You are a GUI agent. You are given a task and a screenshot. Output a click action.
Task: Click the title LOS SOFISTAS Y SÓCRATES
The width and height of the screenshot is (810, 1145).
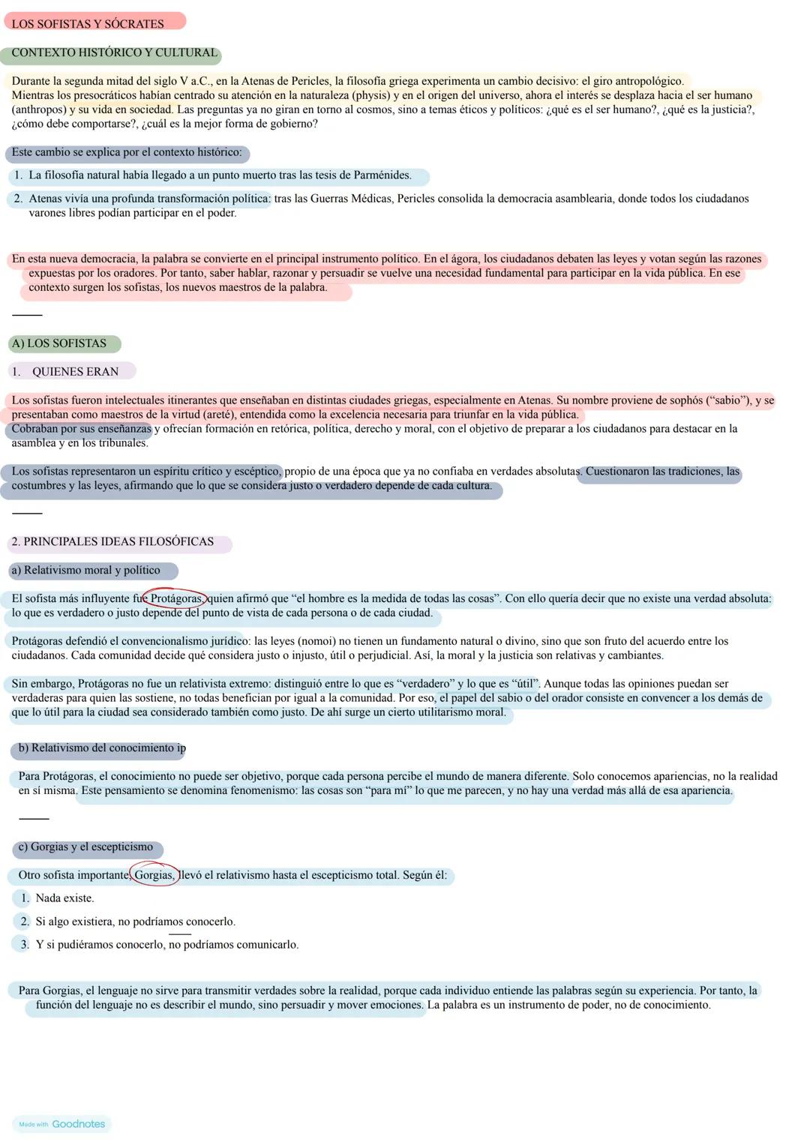coord(88,24)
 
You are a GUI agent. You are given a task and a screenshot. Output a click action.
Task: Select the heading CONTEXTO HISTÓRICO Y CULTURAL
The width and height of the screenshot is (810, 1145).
coord(114,52)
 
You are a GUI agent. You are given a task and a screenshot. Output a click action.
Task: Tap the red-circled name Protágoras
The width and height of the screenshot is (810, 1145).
coord(176,598)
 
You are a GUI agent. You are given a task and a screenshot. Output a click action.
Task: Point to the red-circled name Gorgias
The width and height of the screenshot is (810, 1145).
coord(154,875)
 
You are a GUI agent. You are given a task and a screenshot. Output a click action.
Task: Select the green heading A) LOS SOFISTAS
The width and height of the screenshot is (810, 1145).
coord(59,343)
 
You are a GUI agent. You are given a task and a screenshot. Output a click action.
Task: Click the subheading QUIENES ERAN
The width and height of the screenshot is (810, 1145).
coord(75,372)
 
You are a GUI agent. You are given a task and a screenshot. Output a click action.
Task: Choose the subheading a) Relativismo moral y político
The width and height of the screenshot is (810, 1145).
coord(85,570)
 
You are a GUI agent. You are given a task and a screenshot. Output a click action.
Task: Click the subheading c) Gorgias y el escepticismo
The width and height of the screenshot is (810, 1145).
coord(85,847)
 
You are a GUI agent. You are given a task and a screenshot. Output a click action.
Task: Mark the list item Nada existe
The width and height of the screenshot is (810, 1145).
coord(64,898)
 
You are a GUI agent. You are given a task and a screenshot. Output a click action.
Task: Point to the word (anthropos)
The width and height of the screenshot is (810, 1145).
coord(38,109)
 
